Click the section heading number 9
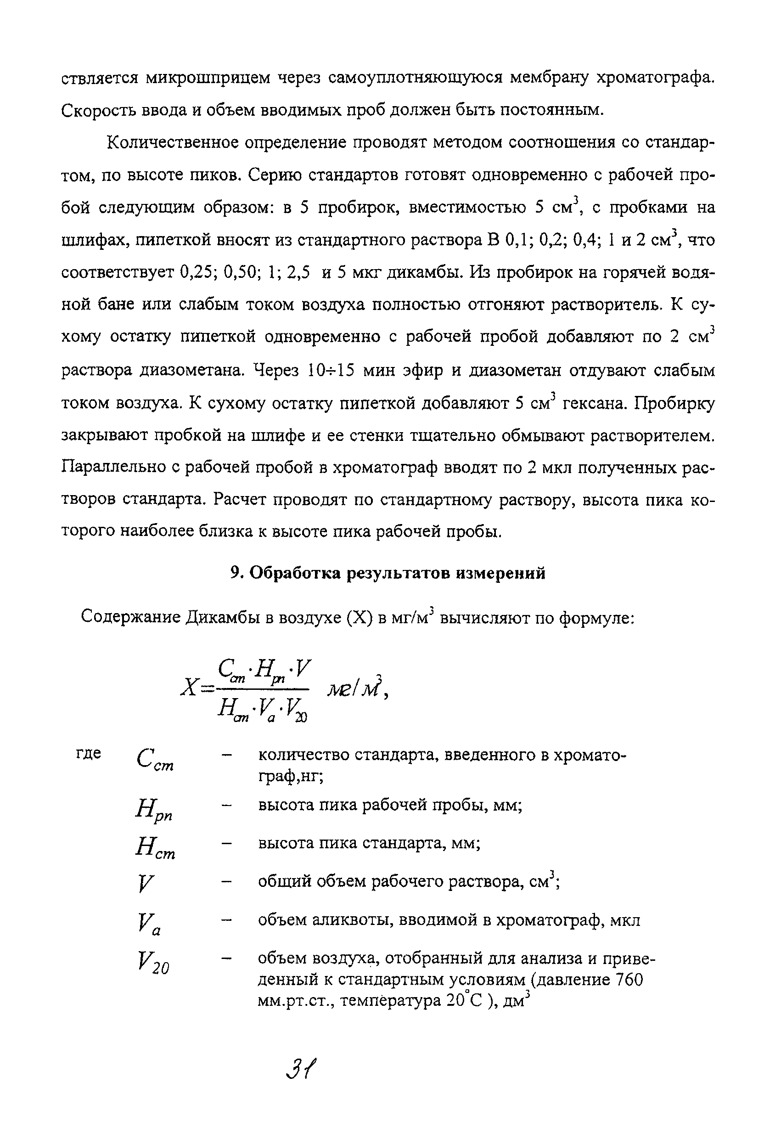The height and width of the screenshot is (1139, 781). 236,573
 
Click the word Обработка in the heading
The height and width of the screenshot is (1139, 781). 295,573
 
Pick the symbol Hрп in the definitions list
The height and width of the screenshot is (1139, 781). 154,809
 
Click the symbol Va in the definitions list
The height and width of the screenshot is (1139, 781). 149,925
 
